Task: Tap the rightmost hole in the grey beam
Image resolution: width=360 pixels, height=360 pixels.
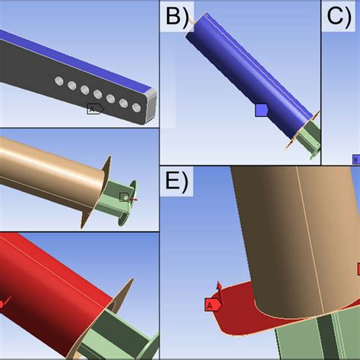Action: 137,108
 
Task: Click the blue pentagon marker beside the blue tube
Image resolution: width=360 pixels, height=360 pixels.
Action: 261,110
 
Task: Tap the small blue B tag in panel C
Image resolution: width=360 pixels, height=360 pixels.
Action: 355,159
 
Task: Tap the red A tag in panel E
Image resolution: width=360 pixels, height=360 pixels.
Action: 211,305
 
